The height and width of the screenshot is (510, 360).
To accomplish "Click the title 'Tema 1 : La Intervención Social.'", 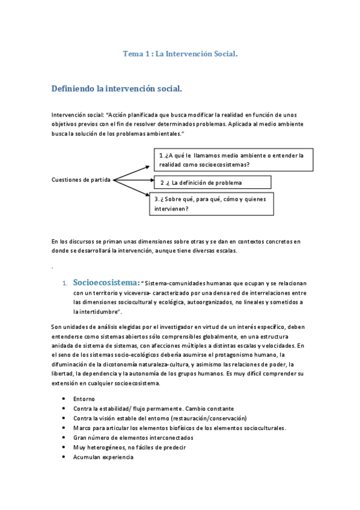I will click(180, 54).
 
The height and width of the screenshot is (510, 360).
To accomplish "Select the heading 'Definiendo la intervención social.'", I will click(117, 89).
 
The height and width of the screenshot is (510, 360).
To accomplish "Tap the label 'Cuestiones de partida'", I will click(81, 180).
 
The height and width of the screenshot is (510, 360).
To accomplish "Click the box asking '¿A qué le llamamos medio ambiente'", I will click(233, 159).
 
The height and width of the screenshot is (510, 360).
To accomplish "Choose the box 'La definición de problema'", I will click(212, 182).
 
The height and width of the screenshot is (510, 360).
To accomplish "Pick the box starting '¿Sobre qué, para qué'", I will click(212, 204).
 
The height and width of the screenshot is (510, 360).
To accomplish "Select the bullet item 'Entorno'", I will click(84, 399).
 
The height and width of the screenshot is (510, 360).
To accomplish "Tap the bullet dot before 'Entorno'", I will click(64, 399).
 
